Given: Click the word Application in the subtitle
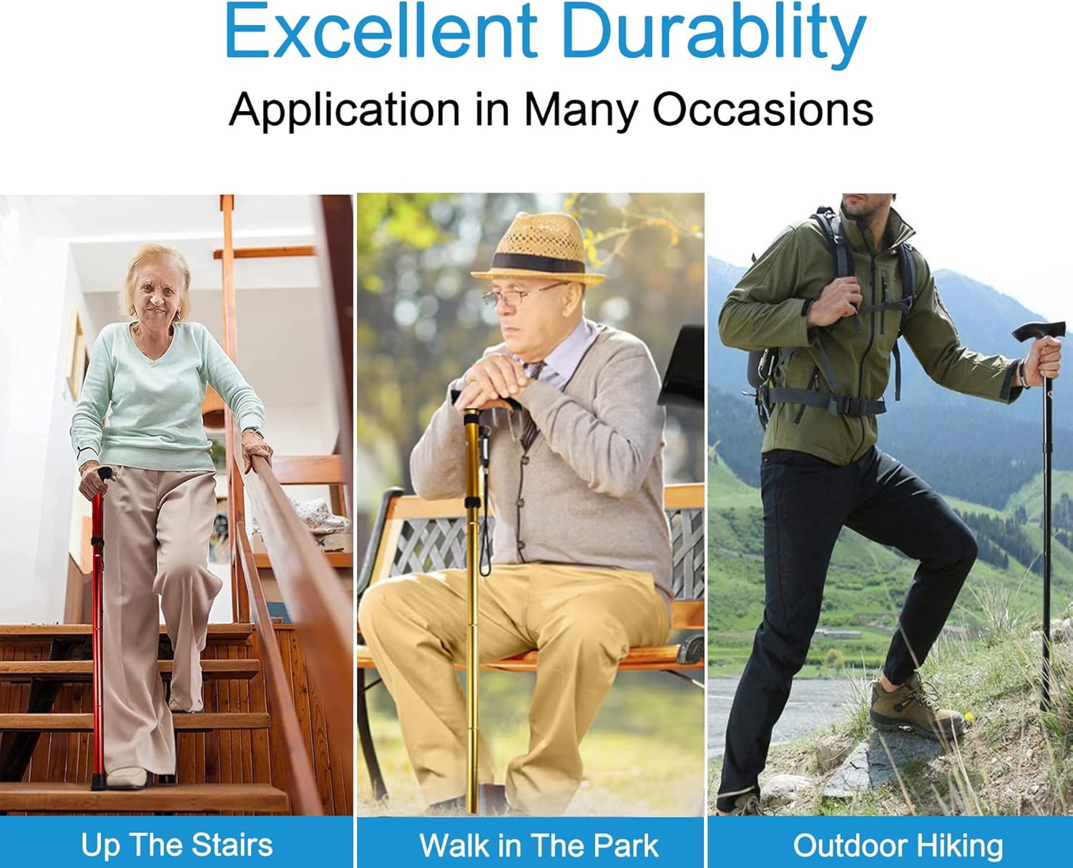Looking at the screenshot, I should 344,110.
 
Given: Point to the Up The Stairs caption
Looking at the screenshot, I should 177,845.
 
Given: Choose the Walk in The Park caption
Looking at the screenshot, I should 539,845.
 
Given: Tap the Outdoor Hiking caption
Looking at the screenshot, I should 898,845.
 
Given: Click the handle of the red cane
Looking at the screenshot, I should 103,474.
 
